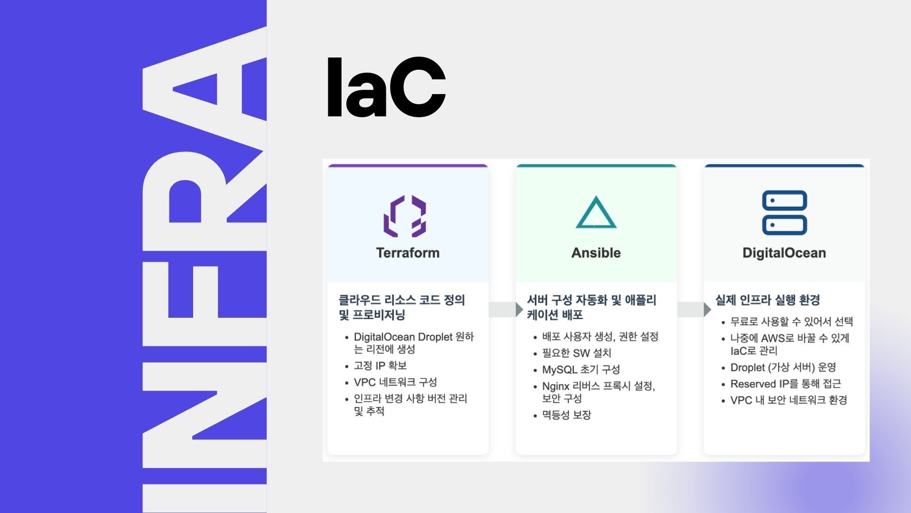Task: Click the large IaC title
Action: point(386,88)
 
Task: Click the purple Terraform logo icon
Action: point(405,216)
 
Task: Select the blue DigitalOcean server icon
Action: point(784,212)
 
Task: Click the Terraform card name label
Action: point(408,253)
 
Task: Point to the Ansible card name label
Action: point(596,253)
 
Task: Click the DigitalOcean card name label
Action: point(784,253)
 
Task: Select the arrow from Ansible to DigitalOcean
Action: point(694,309)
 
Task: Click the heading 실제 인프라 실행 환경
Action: point(768,300)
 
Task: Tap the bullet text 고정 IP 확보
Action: point(380,366)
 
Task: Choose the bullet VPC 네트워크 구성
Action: point(395,382)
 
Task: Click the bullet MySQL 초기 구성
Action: point(581,370)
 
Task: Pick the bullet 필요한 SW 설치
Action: point(576,353)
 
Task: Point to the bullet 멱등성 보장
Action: point(567,415)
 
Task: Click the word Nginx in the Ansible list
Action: point(556,386)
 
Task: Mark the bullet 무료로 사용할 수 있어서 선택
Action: point(791,322)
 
